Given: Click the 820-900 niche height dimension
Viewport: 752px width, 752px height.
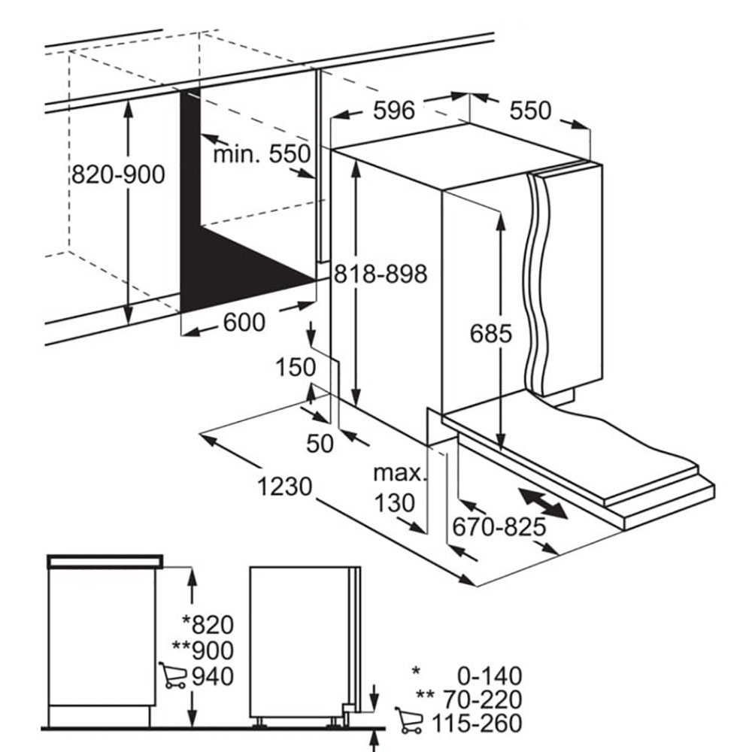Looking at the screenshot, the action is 119,174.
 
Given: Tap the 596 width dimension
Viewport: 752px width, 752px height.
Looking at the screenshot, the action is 394,111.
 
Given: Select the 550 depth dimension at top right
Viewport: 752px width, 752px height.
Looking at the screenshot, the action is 530,111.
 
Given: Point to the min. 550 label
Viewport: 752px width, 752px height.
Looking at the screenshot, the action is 262,154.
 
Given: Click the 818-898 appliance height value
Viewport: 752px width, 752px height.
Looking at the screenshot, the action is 381,274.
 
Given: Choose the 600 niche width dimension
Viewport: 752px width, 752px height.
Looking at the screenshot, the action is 244,322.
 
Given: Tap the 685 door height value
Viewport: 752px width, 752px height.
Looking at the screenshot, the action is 490,333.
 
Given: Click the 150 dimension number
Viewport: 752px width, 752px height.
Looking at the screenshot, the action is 296,368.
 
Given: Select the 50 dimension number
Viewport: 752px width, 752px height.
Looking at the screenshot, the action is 320,444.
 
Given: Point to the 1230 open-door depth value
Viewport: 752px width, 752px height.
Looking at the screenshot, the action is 285,487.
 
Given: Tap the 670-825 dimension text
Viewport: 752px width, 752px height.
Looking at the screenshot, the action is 499,526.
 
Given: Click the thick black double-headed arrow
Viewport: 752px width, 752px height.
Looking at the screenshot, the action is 544,503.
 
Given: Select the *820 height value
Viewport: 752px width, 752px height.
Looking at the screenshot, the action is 208,624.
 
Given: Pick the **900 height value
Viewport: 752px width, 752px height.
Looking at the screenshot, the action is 203,650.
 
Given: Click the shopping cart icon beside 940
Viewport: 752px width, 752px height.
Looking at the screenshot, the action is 173,675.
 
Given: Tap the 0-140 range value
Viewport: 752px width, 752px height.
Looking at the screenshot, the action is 490,676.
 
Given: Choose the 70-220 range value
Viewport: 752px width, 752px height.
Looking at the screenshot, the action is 482,699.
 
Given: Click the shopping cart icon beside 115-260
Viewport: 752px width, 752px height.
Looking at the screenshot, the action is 409,720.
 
